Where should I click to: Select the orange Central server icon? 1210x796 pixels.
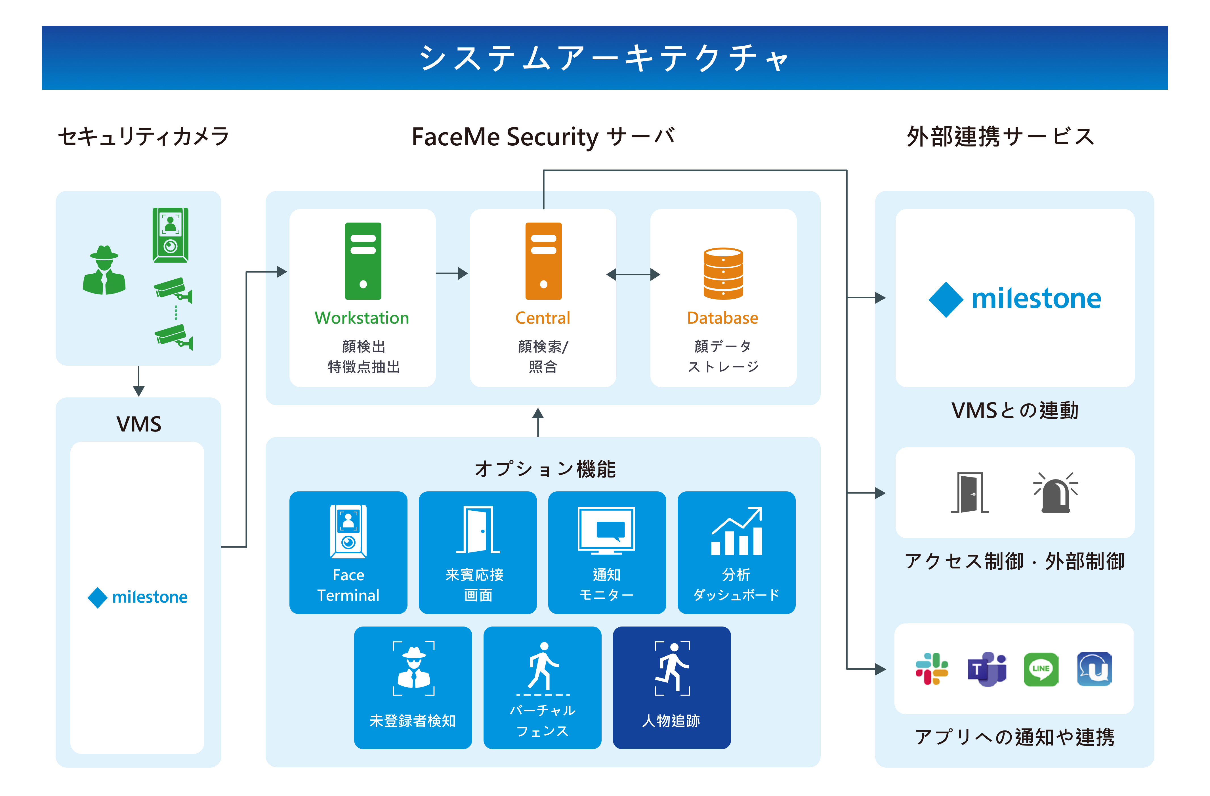(x=543, y=261)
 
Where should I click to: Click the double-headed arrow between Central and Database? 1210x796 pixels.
(x=633, y=275)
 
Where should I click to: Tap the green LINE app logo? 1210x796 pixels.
(x=1041, y=669)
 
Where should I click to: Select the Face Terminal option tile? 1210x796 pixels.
(x=348, y=552)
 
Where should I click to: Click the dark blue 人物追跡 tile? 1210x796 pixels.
(x=672, y=688)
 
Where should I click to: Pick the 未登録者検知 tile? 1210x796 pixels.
(x=413, y=688)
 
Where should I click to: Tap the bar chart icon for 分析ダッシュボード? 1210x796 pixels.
(x=737, y=531)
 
